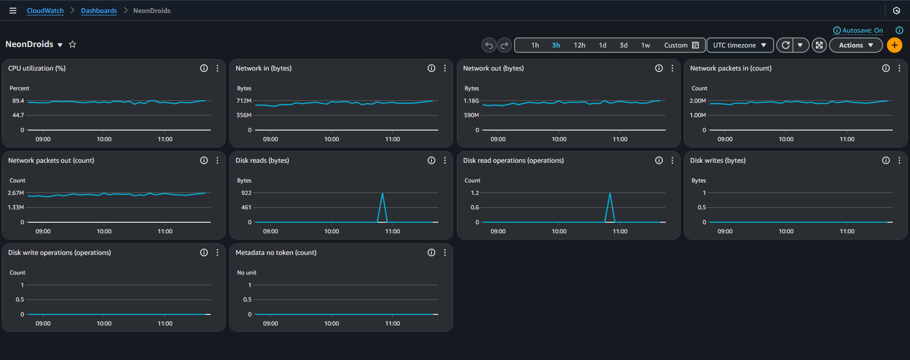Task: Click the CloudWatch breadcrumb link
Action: pyautogui.click(x=45, y=11)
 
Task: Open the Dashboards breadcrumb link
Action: pyautogui.click(x=99, y=11)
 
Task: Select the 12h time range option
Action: pyautogui.click(x=579, y=45)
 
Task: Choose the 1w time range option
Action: pyautogui.click(x=646, y=45)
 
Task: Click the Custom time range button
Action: pyautogui.click(x=681, y=45)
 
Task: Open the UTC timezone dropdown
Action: pyautogui.click(x=740, y=45)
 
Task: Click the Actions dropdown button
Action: pyautogui.click(x=855, y=45)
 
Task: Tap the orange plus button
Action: pyautogui.click(x=895, y=45)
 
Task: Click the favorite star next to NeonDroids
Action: pyautogui.click(x=72, y=44)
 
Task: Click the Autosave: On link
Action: pyautogui.click(x=862, y=30)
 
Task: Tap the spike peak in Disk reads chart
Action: pyautogui.click(x=383, y=193)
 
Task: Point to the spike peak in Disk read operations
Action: pyautogui.click(x=610, y=193)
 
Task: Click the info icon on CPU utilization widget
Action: pyautogui.click(x=204, y=68)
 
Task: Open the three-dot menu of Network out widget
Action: pyautogui.click(x=672, y=68)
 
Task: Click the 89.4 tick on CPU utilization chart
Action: pyautogui.click(x=18, y=101)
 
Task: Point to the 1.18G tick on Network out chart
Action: pyautogui.click(x=471, y=101)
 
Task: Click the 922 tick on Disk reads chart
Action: pyautogui.click(x=246, y=193)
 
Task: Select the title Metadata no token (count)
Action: pyautogui.click(x=276, y=252)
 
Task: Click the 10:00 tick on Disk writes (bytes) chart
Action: pyautogui.click(x=786, y=231)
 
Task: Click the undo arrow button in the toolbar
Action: pyautogui.click(x=489, y=45)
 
